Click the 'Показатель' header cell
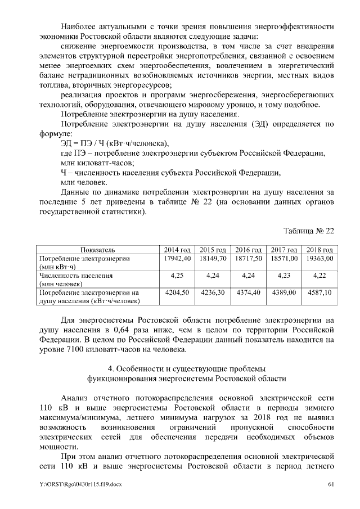(x=97, y=250)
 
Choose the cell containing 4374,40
(x=247, y=293)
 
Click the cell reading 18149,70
(x=213, y=258)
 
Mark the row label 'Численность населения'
(x=75, y=276)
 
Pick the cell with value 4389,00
(x=282, y=293)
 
